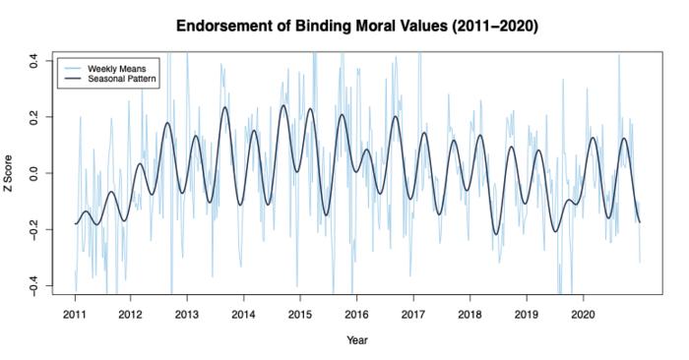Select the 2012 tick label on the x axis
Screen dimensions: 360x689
[131, 315]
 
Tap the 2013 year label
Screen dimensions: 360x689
[187, 315]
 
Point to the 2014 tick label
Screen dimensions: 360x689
[244, 315]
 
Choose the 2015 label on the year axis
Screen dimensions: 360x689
[300, 315]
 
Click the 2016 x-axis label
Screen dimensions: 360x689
[356, 315]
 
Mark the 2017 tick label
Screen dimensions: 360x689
[413, 315]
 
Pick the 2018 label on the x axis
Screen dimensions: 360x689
[470, 315]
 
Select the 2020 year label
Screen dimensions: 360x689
[583, 315]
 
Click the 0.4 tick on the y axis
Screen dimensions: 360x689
[32, 60]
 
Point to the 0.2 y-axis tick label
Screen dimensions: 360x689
[32, 117]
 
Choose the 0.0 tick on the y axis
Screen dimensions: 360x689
[32, 173]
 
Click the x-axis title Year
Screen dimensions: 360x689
[356, 341]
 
